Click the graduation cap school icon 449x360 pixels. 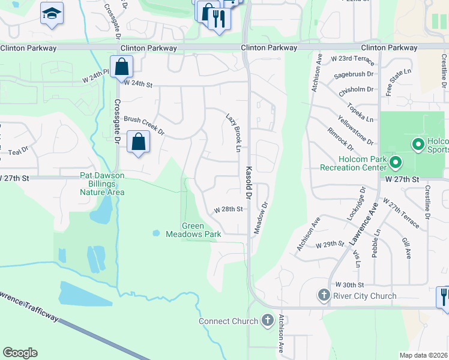(52, 13)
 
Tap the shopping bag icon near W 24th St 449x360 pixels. (121, 67)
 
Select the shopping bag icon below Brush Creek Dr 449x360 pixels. (139, 142)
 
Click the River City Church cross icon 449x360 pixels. (324, 295)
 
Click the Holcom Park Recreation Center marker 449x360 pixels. (395, 163)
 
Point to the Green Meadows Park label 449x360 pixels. (194, 230)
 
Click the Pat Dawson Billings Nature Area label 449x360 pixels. (102, 184)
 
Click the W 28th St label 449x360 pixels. (228, 209)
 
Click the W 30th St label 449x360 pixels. (350, 284)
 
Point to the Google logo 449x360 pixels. (20, 353)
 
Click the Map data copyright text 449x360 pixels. (424, 355)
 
